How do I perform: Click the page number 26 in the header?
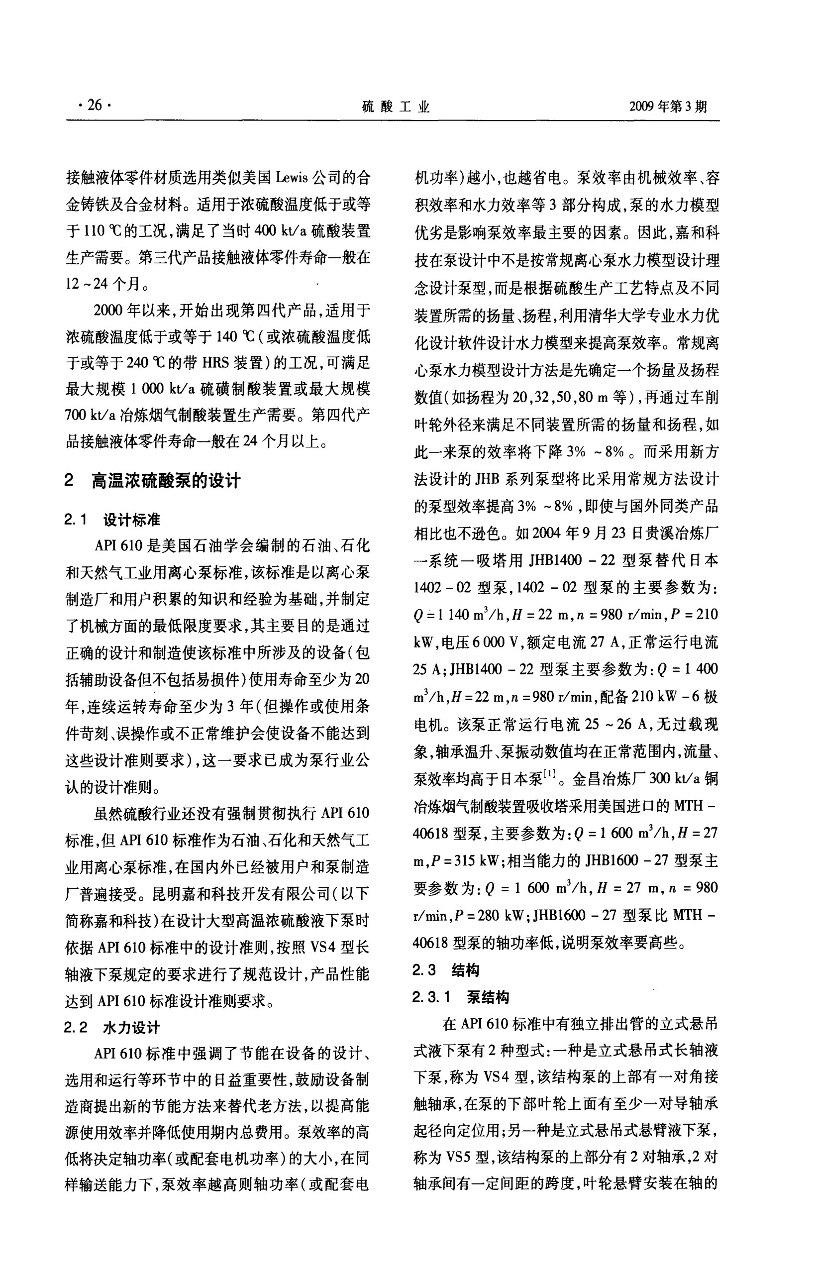pos(95,106)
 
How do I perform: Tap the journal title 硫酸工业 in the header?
pos(396,107)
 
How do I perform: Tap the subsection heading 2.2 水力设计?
pos(112,1028)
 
